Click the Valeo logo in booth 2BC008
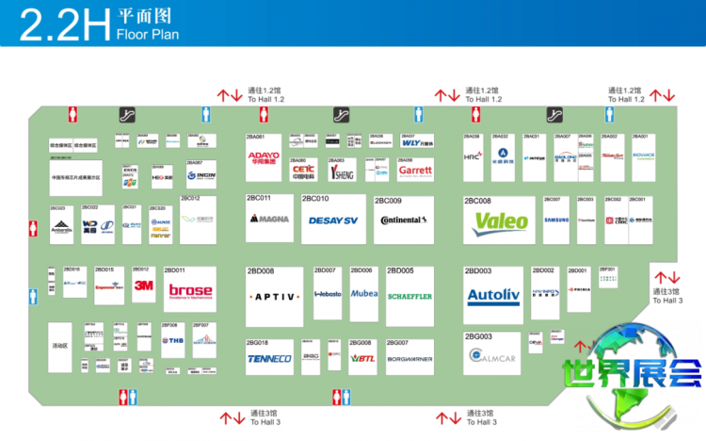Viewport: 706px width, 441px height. [500, 222]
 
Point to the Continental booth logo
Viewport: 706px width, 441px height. [404, 220]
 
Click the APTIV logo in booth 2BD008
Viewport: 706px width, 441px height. [274, 295]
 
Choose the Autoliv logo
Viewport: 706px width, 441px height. [493, 297]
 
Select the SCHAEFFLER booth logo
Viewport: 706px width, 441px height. [409, 296]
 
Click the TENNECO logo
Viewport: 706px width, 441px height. [271, 359]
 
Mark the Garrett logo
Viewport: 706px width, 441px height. [415, 171]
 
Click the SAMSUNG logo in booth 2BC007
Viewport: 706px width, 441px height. [557, 220]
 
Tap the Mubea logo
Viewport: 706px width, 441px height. [364, 294]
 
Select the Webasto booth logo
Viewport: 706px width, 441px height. [327, 294]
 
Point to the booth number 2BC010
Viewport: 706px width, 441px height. [314, 199]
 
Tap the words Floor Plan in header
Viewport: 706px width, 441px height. [147, 35]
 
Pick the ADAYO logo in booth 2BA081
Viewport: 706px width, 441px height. [264, 157]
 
